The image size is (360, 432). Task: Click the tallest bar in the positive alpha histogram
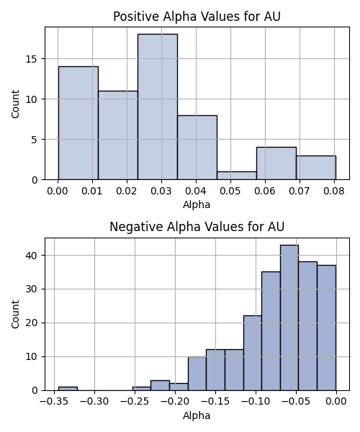158,107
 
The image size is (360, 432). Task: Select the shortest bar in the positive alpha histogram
237,176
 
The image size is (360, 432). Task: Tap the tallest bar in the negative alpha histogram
289,318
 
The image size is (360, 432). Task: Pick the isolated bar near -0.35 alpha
68,389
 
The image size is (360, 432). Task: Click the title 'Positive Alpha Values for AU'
197,17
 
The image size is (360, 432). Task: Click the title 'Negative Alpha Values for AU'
197,227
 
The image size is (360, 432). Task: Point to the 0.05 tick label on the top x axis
230,191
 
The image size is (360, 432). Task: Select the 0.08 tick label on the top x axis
334,191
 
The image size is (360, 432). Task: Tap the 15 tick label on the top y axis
32,59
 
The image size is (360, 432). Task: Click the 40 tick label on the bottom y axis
32,256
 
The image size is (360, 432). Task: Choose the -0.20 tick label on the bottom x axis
175,402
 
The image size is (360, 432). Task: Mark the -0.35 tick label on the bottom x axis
54,402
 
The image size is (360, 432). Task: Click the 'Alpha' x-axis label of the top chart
197,204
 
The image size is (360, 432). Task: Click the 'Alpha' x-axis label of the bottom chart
197,415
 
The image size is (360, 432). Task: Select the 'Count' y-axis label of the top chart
15,104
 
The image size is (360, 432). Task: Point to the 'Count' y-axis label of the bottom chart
15,315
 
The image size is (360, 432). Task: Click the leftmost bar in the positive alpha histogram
78,123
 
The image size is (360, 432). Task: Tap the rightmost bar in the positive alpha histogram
316,168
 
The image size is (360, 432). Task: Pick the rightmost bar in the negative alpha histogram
327,328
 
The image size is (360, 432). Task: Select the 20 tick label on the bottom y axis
32,323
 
